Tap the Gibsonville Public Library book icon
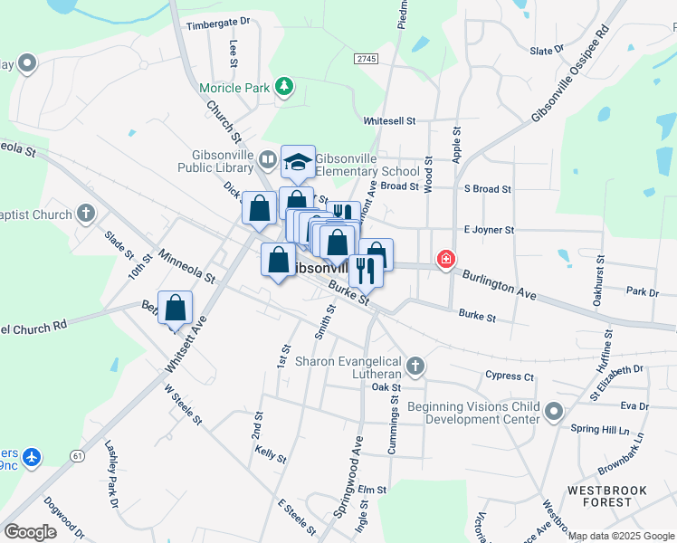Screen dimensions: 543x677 (x=267, y=160)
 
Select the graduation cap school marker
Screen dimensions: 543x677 (x=298, y=163)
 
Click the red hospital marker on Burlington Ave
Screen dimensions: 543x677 (x=445, y=260)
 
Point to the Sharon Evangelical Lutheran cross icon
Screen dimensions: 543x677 (x=415, y=367)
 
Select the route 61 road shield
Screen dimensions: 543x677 (x=79, y=456)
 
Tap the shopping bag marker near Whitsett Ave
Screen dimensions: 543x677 (x=176, y=308)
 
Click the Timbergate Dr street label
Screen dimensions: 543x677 (x=217, y=24)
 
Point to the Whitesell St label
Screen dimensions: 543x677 (x=389, y=120)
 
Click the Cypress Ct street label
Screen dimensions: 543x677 (x=510, y=376)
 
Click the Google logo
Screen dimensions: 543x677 (x=30, y=532)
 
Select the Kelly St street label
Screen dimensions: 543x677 (x=270, y=454)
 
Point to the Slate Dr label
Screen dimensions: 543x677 (x=547, y=51)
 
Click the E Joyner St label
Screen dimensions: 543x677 (x=489, y=230)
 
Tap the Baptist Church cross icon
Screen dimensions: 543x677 (x=86, y=214)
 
